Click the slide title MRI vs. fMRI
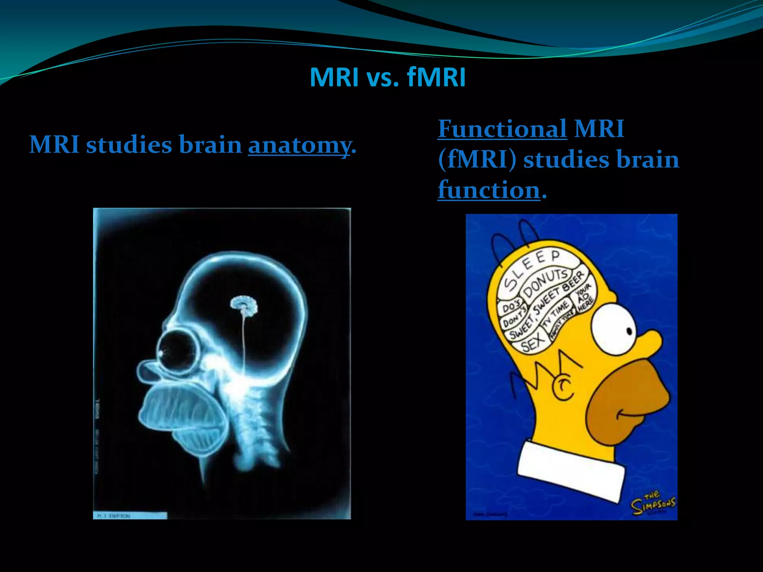pos(387,77)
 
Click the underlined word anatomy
pos(299,145)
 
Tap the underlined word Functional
pos(502,129)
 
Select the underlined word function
pos(489,190)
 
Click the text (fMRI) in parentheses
pos(477,160)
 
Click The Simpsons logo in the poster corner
pos(653,503)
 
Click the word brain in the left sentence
pos(210,145)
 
